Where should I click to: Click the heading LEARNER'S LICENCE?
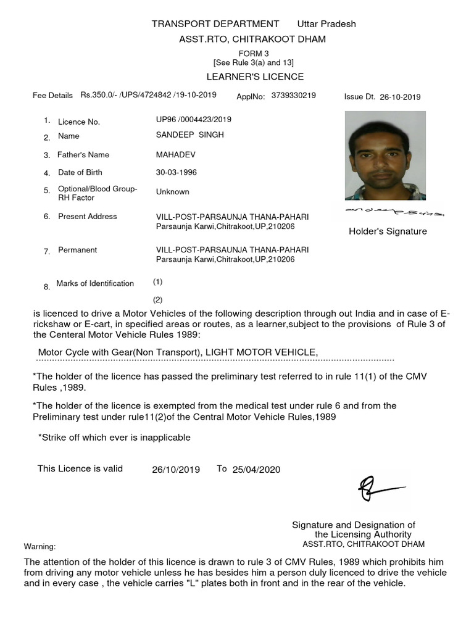click(255, 77)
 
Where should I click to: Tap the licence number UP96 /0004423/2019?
click(194, 119)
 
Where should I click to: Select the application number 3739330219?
click(293, 96)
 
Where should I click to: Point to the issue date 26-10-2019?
click(400, 97)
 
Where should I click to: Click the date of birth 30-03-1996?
click(177, 172)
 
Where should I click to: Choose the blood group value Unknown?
click(173, 192)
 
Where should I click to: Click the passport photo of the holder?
click(385, 155)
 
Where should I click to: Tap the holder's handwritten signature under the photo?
click(388, 213)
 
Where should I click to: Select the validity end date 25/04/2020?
click(256, 470)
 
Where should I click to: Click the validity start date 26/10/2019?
click(176, 470)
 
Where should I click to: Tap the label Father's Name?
click(83, 155)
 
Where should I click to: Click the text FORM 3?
click(254, 54)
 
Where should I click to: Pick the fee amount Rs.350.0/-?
click(99, 96)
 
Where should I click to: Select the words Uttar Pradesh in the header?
click(326, 24)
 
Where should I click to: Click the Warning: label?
click(39, 547)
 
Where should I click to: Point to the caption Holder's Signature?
click(388, 231)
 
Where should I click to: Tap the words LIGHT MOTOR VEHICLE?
click(261, 352)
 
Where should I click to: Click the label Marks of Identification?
click(95, 283)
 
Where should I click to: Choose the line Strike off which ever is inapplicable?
click(115, 438)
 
